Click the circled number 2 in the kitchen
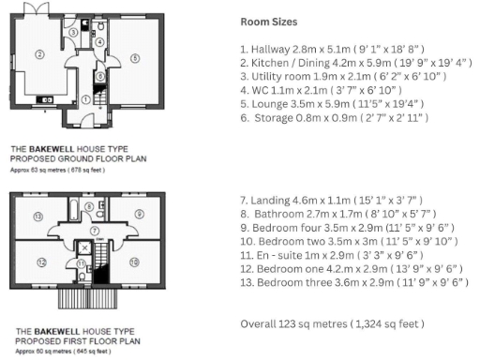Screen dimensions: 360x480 point(39,54)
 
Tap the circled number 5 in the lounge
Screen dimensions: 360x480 point(135,58)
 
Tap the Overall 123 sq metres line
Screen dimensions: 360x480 point(332,323)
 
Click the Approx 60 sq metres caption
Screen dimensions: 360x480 point(54,352)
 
